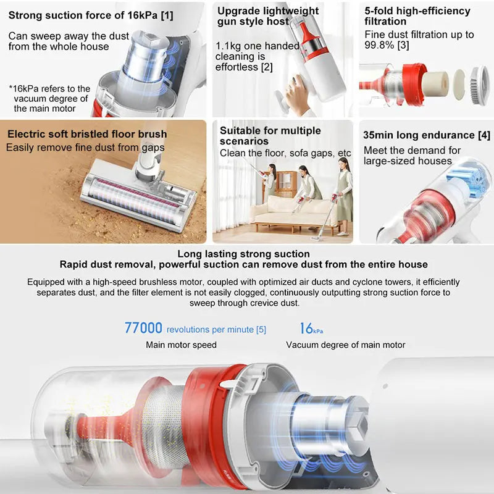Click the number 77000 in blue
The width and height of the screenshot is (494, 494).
(x=143, y=328)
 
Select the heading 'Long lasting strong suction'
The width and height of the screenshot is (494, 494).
(x=243, y=254)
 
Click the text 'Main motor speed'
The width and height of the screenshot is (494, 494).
(x=181, y=345)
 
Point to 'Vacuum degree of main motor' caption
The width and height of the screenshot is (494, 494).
(x=345, y=345)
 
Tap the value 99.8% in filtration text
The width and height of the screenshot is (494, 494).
(x=379, y=45)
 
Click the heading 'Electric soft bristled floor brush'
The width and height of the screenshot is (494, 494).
(x=87, y=134)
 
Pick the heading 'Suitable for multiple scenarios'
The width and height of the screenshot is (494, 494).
(x=270, y=136)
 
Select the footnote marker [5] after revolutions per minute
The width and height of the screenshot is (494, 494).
(x=261, y=330)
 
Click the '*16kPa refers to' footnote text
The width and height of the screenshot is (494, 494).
(x=49, y=89)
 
